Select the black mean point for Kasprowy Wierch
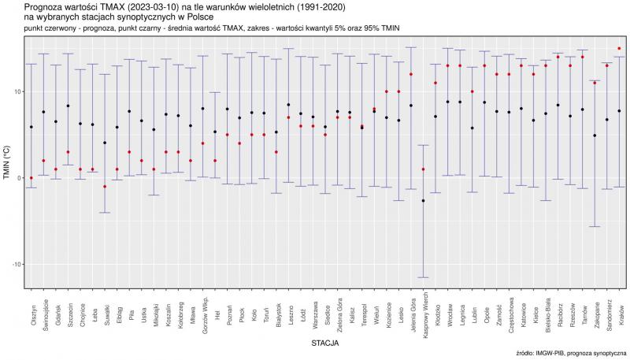pos(424,201)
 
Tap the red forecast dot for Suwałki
pos(105,187)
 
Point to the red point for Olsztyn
pos(31,178)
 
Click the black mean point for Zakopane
pos(595,135)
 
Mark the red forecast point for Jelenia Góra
pos(411,75)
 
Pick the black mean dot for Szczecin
pos(69,106)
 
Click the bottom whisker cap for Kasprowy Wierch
pos(424,277)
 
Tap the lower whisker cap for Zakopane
pos(595,227)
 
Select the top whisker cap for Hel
pos(215,93)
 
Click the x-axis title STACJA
pos(325,343)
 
